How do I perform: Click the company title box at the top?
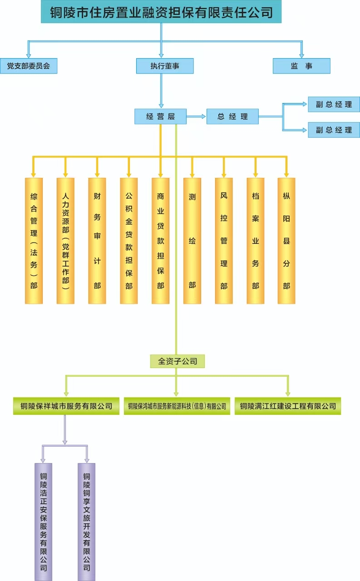pos(161,12)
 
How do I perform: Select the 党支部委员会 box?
pos(29,66)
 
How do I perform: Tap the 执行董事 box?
pos(165,66)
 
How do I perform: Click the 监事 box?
pos(301,66)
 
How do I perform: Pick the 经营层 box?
pos(160,116)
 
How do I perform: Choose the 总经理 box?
pos(232,116)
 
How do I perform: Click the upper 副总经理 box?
pos(334,104)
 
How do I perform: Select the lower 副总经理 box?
pos(334,130)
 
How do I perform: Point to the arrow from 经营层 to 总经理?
pos(196,116)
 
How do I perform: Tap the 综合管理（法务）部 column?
pos(34,241)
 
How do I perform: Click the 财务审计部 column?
pos(97,241)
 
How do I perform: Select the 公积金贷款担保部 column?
pos(129,241)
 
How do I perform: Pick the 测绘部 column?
pos(192,241)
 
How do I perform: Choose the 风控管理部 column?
pos(224,241)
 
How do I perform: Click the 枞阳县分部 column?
pos(286,241)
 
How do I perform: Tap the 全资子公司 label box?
pos(178,361)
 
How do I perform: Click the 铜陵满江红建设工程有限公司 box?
pos(288,406)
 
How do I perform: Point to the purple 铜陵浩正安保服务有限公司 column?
pos(44,522)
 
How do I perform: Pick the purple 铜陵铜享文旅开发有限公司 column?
pos(86,522)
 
